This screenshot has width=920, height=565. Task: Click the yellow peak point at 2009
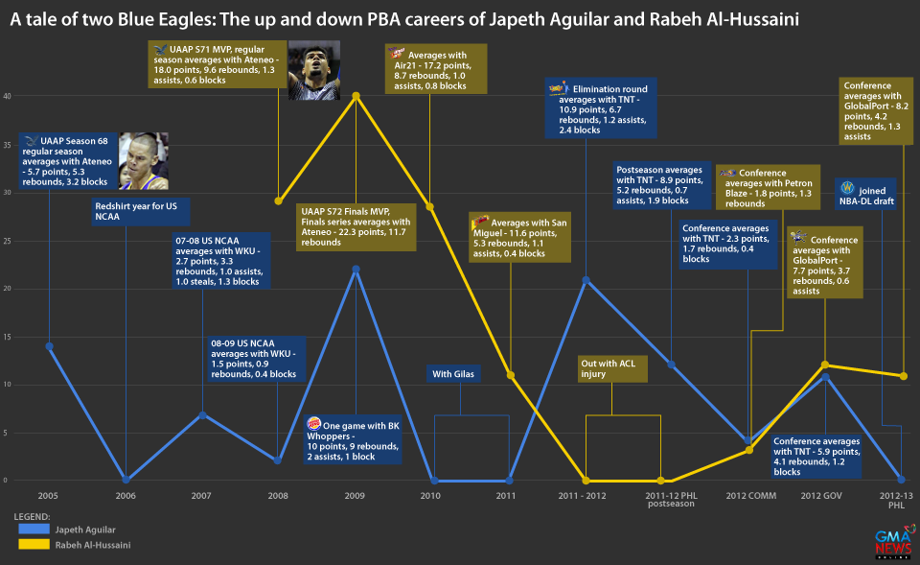[356, 96]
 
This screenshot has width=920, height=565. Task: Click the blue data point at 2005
[49, 345]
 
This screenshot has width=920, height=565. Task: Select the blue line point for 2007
[202, 414]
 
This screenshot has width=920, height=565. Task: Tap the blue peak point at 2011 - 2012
[586, 279]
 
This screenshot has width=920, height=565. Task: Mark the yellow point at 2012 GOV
[825, 365]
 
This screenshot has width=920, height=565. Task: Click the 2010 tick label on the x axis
[431, 495]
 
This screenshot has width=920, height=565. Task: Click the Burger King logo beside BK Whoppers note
[313, 424]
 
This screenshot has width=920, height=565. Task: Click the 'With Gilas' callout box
[455, 373]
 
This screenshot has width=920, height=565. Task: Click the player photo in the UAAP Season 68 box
[144, 161]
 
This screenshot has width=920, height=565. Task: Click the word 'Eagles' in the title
[186, 19]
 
